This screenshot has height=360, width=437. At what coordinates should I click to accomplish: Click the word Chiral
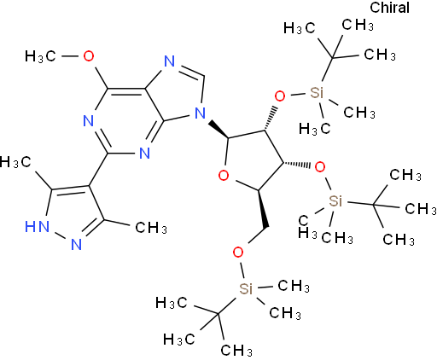pyautogui.click(x=389, y=8)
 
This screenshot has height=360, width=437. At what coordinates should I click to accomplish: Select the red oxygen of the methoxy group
pyautogui.click(x=89, y=56)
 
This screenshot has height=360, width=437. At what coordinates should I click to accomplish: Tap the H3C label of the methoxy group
pyautogui.click(x=40, y=56)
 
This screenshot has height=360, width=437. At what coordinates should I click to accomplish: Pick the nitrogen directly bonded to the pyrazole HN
pyautogui.click(x=76, y=244)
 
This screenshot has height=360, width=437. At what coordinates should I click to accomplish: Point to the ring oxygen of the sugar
pyautogui.click(x=224, y=175)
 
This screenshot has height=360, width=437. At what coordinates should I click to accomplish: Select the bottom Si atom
pyautogui.click(x=246, y=289)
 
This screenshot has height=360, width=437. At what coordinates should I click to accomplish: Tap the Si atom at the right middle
pyautogui.click(x=335, y=201)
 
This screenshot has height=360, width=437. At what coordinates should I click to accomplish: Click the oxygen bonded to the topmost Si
pyautogui.click(x=280, y=96)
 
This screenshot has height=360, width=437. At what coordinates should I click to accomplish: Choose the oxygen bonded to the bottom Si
pyautogui.click(x=238, y=252)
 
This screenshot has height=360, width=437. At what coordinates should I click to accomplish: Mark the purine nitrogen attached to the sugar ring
pyautogui.click(x=200, y=113)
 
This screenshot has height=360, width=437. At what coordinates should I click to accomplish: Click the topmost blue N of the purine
pyautogui.click(x=170, y=61)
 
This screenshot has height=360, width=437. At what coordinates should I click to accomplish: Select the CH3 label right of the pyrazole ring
pyautogui.click(x=151, y=228)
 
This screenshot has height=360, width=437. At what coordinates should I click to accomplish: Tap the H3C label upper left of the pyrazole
pyautogui.click(x=15, y=162)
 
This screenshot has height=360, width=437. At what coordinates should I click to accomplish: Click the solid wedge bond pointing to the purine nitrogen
pyautogui.click(x=218, y=130)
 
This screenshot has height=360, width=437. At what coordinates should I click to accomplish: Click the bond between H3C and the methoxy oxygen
pyautogui.click(x=70, y=56)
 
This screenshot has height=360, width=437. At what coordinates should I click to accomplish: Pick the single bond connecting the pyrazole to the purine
pyautogui.click(x=98, y=170)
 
